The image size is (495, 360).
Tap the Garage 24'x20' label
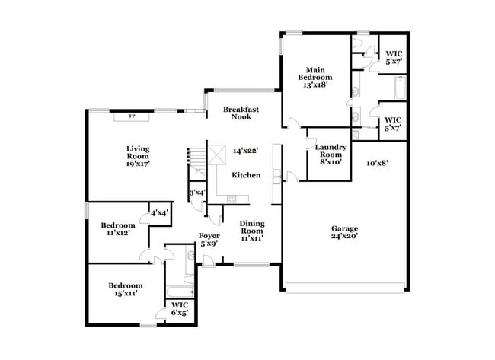point(344,232)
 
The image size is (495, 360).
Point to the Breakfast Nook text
point(241,113)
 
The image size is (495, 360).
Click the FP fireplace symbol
point(131,116)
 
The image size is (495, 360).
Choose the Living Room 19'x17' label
point(138,155)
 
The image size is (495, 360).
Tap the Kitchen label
point(246,175)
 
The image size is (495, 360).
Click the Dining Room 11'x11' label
point(252,230)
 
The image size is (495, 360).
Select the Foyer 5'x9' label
point(209,240)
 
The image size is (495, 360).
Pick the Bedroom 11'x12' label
point(118,229)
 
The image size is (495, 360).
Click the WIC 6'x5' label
point(179,308)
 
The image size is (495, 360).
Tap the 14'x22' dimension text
point(246,151)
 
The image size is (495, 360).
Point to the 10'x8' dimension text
point(378,163)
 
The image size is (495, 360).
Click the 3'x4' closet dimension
point(196,193)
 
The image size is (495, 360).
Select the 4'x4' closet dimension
point(159,213)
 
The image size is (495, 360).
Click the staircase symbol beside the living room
point(197,160)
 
